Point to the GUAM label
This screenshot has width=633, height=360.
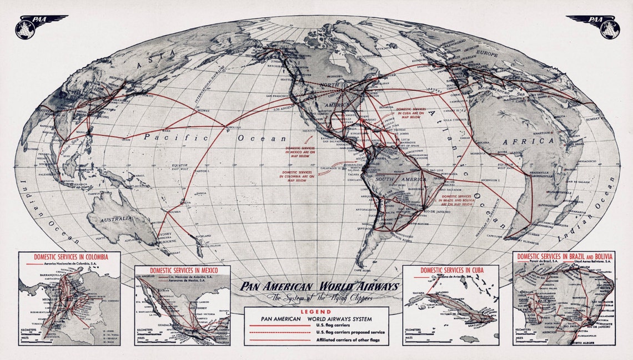pyautogui.click(x=127, y=139)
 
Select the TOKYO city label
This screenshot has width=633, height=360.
pyautogui.click(x=148, y=95)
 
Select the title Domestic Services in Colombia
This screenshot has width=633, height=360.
pyautogui.click(x=69, y=258)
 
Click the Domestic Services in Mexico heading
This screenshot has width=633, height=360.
pyautogui.click(x=182, y=270)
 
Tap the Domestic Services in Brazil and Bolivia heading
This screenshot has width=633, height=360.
pyautogui.click(x=564, y=256)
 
